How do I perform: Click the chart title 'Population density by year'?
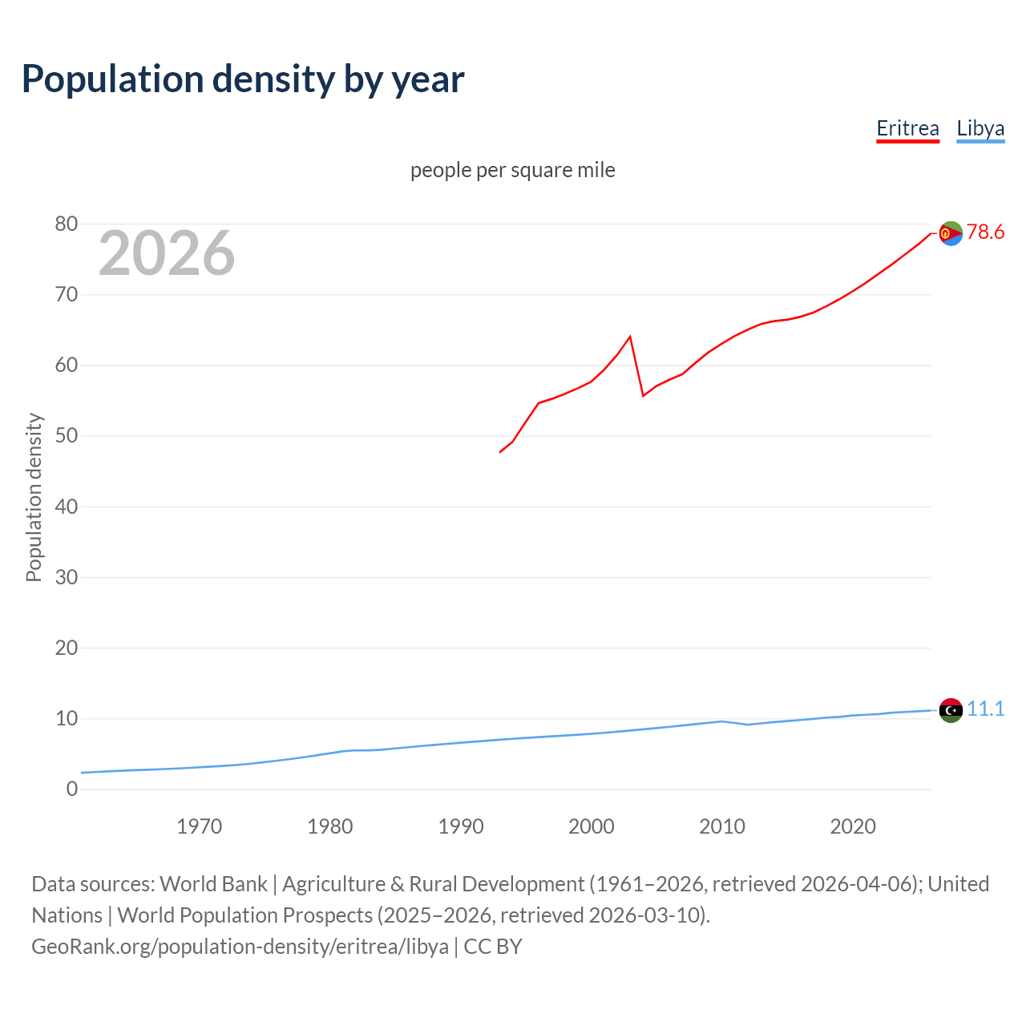(243, 79)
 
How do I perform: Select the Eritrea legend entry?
(907, 128)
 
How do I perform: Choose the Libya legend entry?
(980, 128)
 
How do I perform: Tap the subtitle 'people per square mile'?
(513, 170)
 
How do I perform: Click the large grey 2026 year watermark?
(167, 253)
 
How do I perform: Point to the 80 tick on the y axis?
(67, 224)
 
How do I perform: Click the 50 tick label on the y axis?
(67, 436)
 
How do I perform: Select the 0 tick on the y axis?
(72, 789)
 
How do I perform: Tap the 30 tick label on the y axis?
(67, 577)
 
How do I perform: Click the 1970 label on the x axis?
(200, 826)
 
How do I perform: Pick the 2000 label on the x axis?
(592, 826)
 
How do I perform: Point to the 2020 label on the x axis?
(853, 826)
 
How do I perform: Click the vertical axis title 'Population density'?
(34, 497)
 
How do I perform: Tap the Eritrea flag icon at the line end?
(951, 233)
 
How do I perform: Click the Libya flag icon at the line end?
(951, 710)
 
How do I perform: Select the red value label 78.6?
(985, 232)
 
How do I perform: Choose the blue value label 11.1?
(985, 709)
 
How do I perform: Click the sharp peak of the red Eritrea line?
(630, 337)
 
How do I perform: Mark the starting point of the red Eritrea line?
(500, 452)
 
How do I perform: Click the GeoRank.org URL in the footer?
(240, 947)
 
